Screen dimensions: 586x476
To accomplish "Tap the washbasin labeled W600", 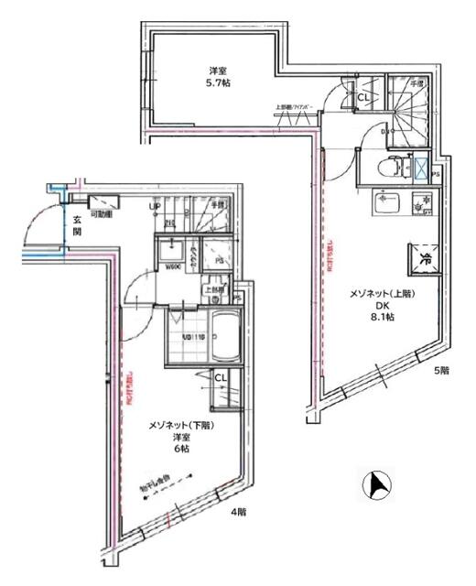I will pyautogui.click(x=171, y=254).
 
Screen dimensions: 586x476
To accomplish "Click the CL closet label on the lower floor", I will pyautogui.click(x=222, y=377).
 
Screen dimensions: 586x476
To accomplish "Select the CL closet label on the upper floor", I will pyautogui.click(x=362, y=96).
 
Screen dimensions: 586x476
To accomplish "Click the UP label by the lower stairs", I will pyautogui.click(x=157, y=207).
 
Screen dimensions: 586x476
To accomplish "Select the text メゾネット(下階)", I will pyautogui.click(x=182, y=425).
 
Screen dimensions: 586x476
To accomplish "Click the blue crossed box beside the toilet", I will pyautogui.click(x=420, y=170).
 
